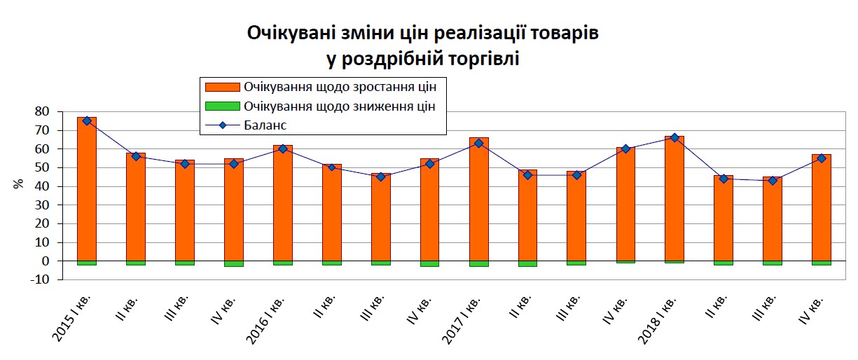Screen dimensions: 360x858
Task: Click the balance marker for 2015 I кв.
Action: tap(87, 120)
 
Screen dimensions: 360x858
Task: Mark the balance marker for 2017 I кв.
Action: tap(479, 143)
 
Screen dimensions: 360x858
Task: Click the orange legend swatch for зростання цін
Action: tap(222, 88)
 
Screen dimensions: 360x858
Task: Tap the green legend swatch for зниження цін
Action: tap(222, 106)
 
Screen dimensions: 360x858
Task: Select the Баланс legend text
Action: tap(265, 125)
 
